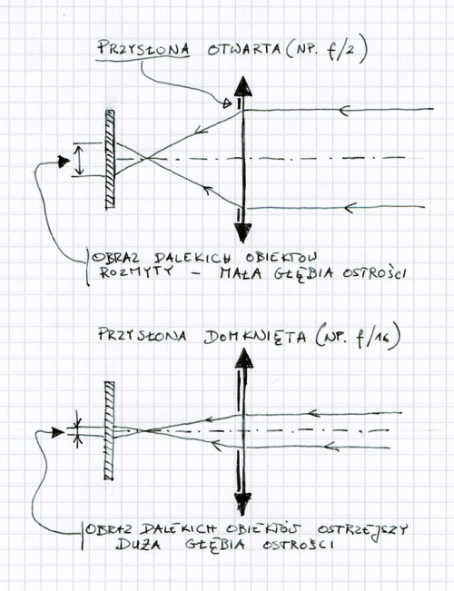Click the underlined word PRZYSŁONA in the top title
coord(143,49)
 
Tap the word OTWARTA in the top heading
coord(243,49)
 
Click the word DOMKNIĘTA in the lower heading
coord(255,337)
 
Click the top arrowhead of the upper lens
coord(242,86)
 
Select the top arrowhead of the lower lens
coord(244,358)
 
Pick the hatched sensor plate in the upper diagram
coord(110,160)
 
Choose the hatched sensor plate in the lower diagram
coord(109,431)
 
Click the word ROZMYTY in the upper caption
coord(136,272)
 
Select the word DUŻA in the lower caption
coord(138,545)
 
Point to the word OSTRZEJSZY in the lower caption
coord(363,531)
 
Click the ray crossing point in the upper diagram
coord(145,159)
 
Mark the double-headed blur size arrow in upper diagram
coord(78,160)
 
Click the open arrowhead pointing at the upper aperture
coord(227,103)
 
